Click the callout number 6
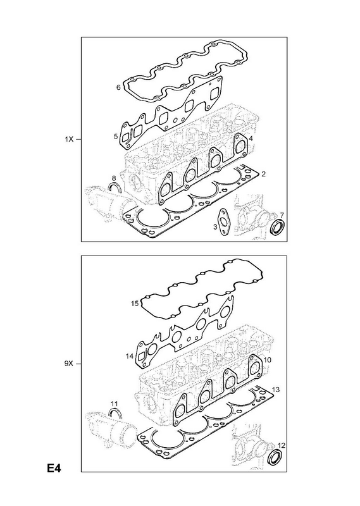click(x=118, y=87)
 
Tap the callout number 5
click(x=116, y=137)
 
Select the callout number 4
click(x=251, y=139)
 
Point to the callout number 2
click(x=263, y=175)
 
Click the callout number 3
click(x=215, y=227)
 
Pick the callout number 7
click(x=282, y=215)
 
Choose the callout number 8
click(x=114, y=178)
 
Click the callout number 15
click(x=135, y=304)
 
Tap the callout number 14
click(x=130, y=356)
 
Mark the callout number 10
click(x=268, y=359)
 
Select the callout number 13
click(x=275, y=390)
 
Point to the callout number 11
click(x=114, y=404)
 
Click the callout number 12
click(x=282, y=446)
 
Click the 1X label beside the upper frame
click(x=70, y=139)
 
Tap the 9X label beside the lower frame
click(x=69, y=364)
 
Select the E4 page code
click(x=54, y=468)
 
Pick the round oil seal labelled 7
click(x=277, y=228)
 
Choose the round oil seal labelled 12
click(x=276, y=457)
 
